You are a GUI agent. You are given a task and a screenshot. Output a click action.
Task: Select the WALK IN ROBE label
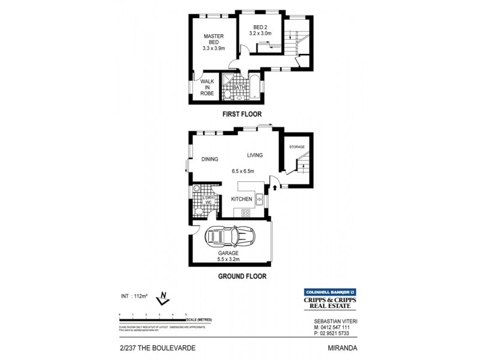pyautogui.click(x=207, y=85)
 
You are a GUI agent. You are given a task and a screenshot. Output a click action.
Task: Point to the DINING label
pyautogui.click(x=209, y=159)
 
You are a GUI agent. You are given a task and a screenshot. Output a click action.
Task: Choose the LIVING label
pyautogui.click(x=255, y=155)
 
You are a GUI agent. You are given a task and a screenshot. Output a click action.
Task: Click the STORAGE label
pyautogui.click(x=297, y=147)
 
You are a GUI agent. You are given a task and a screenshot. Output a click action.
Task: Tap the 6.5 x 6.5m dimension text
pyautogui.click(x=244, y=171)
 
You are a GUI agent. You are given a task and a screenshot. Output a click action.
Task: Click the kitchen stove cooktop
pyautogui.click(x=245, y=214)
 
